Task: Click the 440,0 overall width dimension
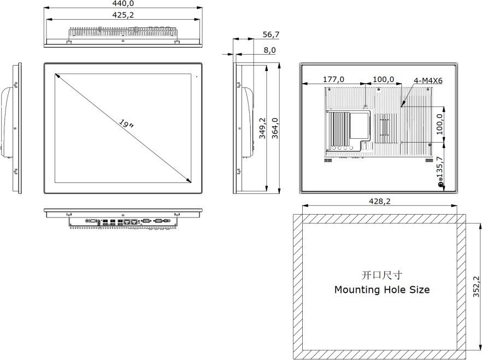pos(123,3)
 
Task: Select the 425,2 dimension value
pos(123,15)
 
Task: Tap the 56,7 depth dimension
pos(271,34)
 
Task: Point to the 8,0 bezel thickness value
pos(269,50)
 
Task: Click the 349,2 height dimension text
pos(262,128)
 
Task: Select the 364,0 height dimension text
pos(275,128)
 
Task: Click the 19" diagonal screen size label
pos(126,124)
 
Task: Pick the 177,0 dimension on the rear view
pos(333,80)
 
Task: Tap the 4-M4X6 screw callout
pos(428,81)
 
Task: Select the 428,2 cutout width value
pos(380,201)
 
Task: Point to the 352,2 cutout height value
pos(475,286)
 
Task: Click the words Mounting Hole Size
pos(381,290)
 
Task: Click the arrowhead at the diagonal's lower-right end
pos(190,181)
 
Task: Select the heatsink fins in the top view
pos(122,32)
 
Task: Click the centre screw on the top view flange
pos(123,42)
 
